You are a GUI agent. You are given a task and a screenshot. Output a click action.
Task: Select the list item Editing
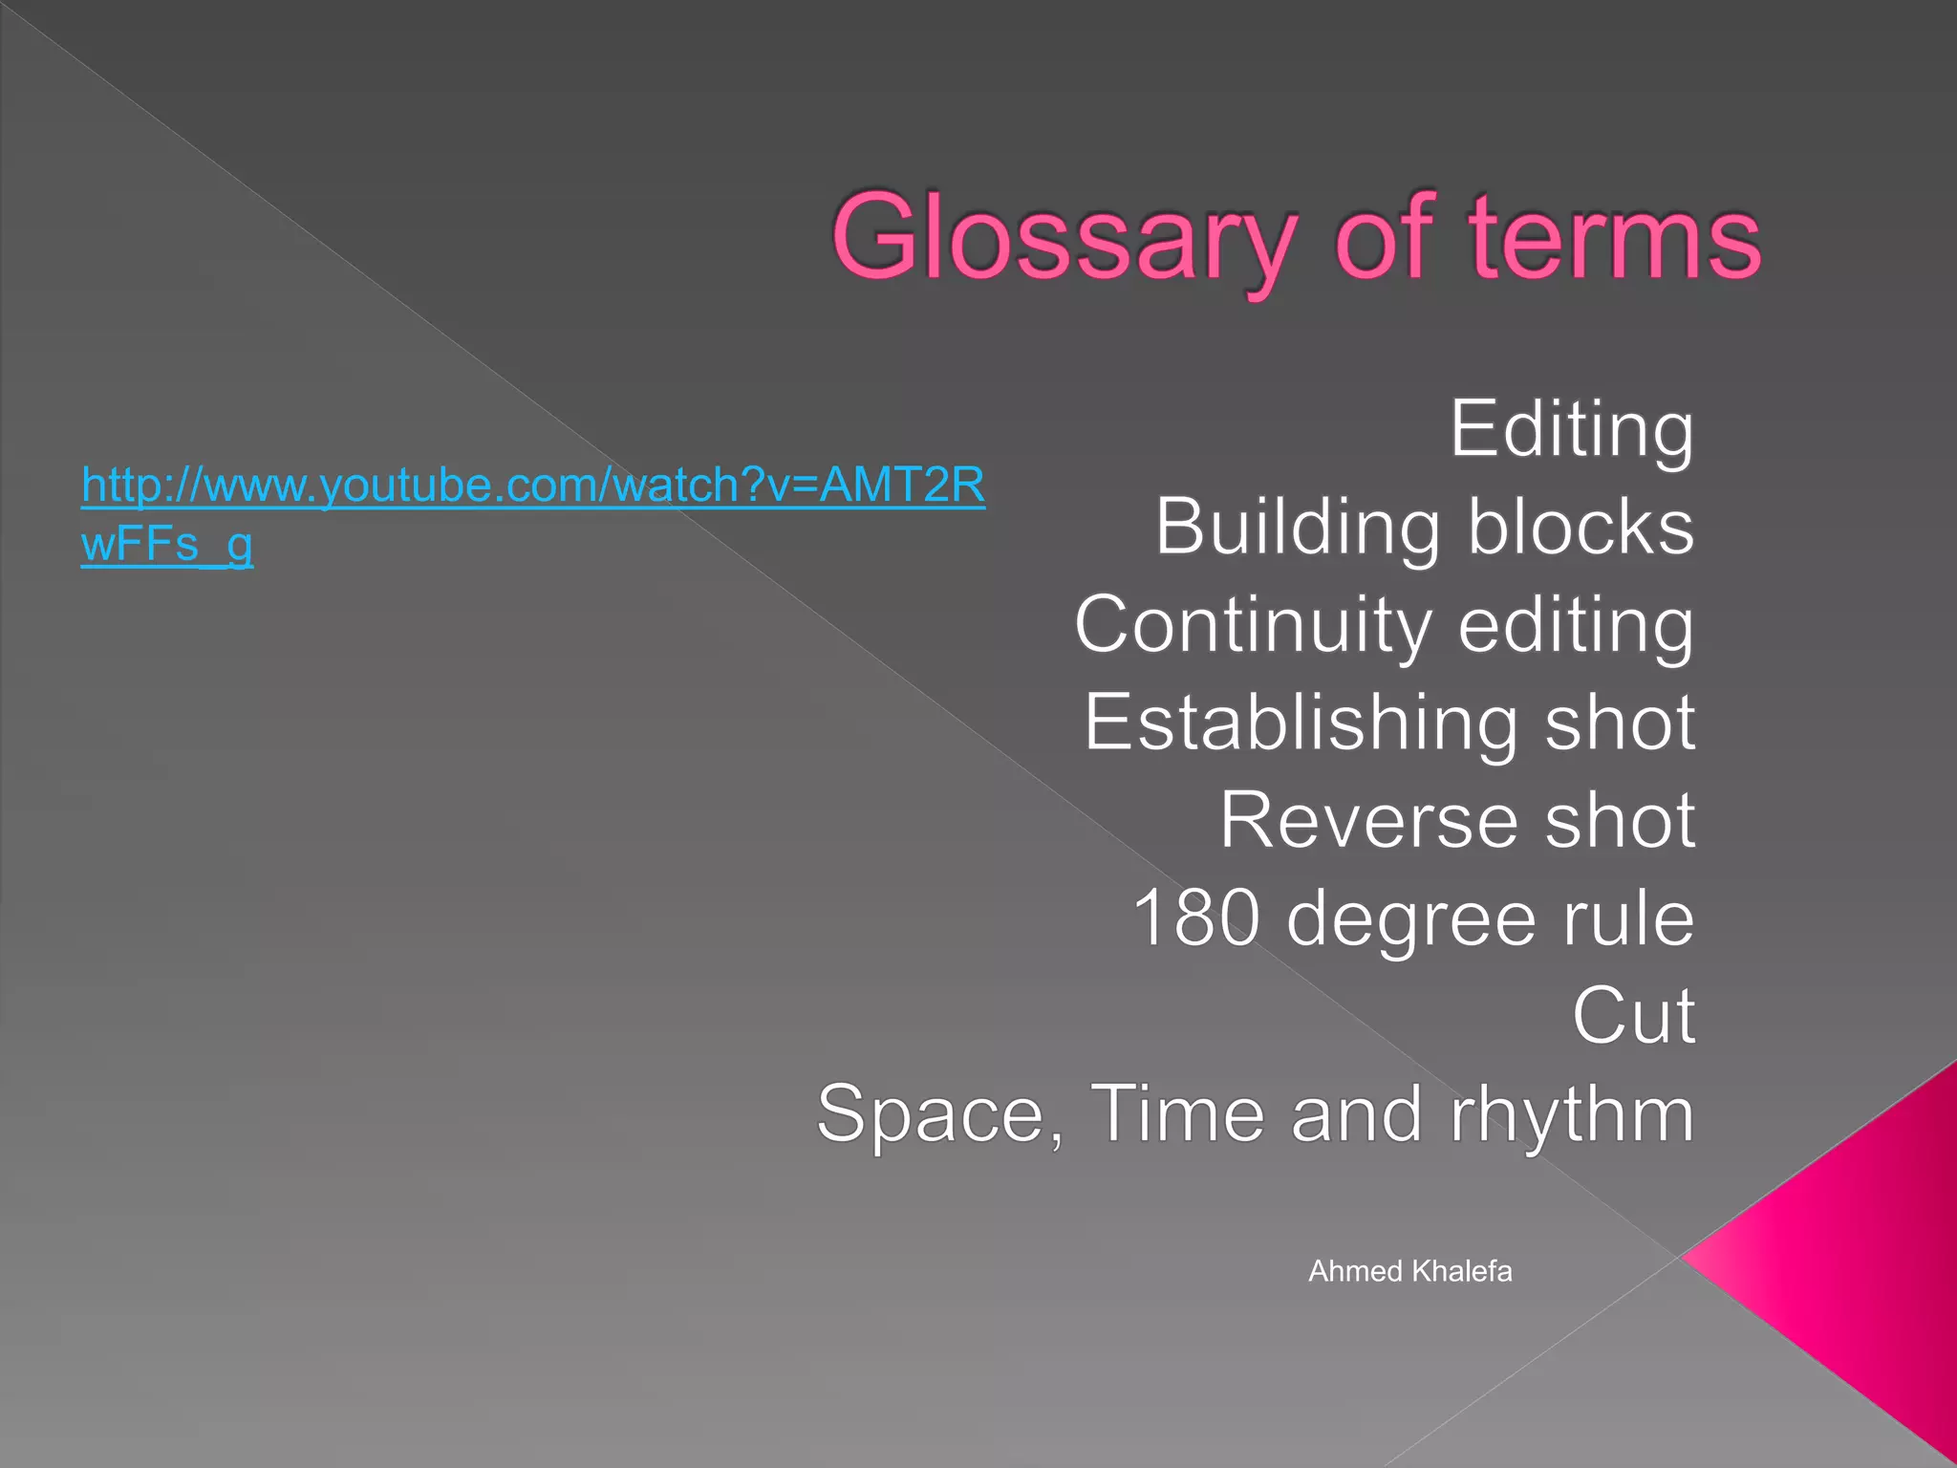pos(1572,429)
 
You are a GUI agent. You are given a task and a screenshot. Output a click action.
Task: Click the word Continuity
pos(1253,625)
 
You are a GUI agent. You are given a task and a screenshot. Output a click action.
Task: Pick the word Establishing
pos(1301,723)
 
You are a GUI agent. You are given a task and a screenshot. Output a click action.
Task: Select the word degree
pos(1410,919)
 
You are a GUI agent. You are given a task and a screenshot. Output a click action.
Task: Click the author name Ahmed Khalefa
pos(1409,1271)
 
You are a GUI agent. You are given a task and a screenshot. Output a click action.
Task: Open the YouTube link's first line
pos(533,486)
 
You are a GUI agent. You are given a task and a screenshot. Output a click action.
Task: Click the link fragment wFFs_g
pos(167,545)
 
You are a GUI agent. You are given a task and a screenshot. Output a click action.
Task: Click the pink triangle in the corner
pos(1863,1262)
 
